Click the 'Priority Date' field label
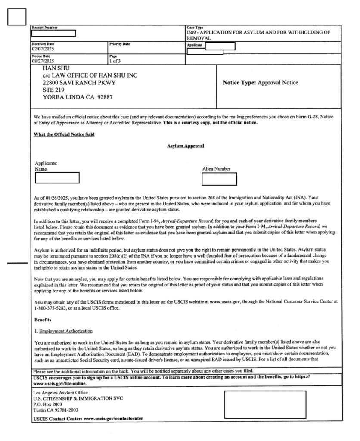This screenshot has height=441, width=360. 119,44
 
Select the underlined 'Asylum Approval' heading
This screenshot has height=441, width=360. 185,146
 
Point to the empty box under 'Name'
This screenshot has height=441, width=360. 60,177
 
